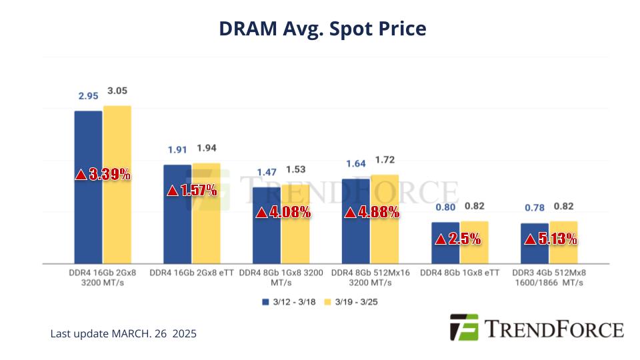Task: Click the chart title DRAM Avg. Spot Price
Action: tap(322, 29)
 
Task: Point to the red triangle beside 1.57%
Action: tap(172, 191)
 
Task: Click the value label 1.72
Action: tap(385, 160)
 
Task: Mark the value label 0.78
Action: tap(534, 208)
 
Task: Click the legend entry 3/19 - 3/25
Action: tap(351, 302)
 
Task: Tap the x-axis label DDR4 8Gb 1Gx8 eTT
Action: tap(460, 273)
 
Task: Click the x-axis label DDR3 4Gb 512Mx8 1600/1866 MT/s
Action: tap(549, 277)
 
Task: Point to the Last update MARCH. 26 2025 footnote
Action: tap(123, 333)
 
